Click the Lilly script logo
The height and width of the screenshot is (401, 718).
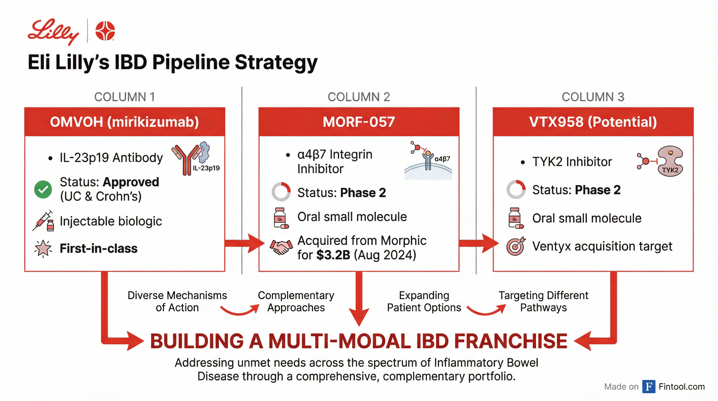tap(53, 31)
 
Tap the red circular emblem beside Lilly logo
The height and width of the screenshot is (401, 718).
tap(105, 31)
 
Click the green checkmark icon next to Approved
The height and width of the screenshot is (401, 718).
tap(43, 189)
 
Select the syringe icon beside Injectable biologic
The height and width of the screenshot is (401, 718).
tap(44, 221)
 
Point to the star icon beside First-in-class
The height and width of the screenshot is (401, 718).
tap(43, 248)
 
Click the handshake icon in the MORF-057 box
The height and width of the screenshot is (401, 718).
tap(281, 247)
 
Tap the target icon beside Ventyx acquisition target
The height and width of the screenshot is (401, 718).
tap(516, 246)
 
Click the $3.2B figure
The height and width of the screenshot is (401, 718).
tap(333, 255)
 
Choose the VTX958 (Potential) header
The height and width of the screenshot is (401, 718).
tap(593, 122)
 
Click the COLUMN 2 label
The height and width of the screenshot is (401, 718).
tap(359, 97)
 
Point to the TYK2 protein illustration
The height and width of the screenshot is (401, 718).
tap(670, 161)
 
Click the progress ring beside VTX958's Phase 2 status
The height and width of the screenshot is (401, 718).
tap(516, 189)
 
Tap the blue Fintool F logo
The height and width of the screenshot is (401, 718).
tap(649, 386)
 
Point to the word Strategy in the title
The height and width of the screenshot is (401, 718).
tap(276, 62)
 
